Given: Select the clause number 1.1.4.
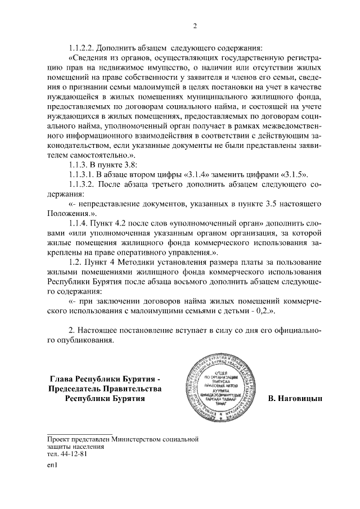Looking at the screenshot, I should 80,224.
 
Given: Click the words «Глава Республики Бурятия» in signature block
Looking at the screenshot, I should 106,378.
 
